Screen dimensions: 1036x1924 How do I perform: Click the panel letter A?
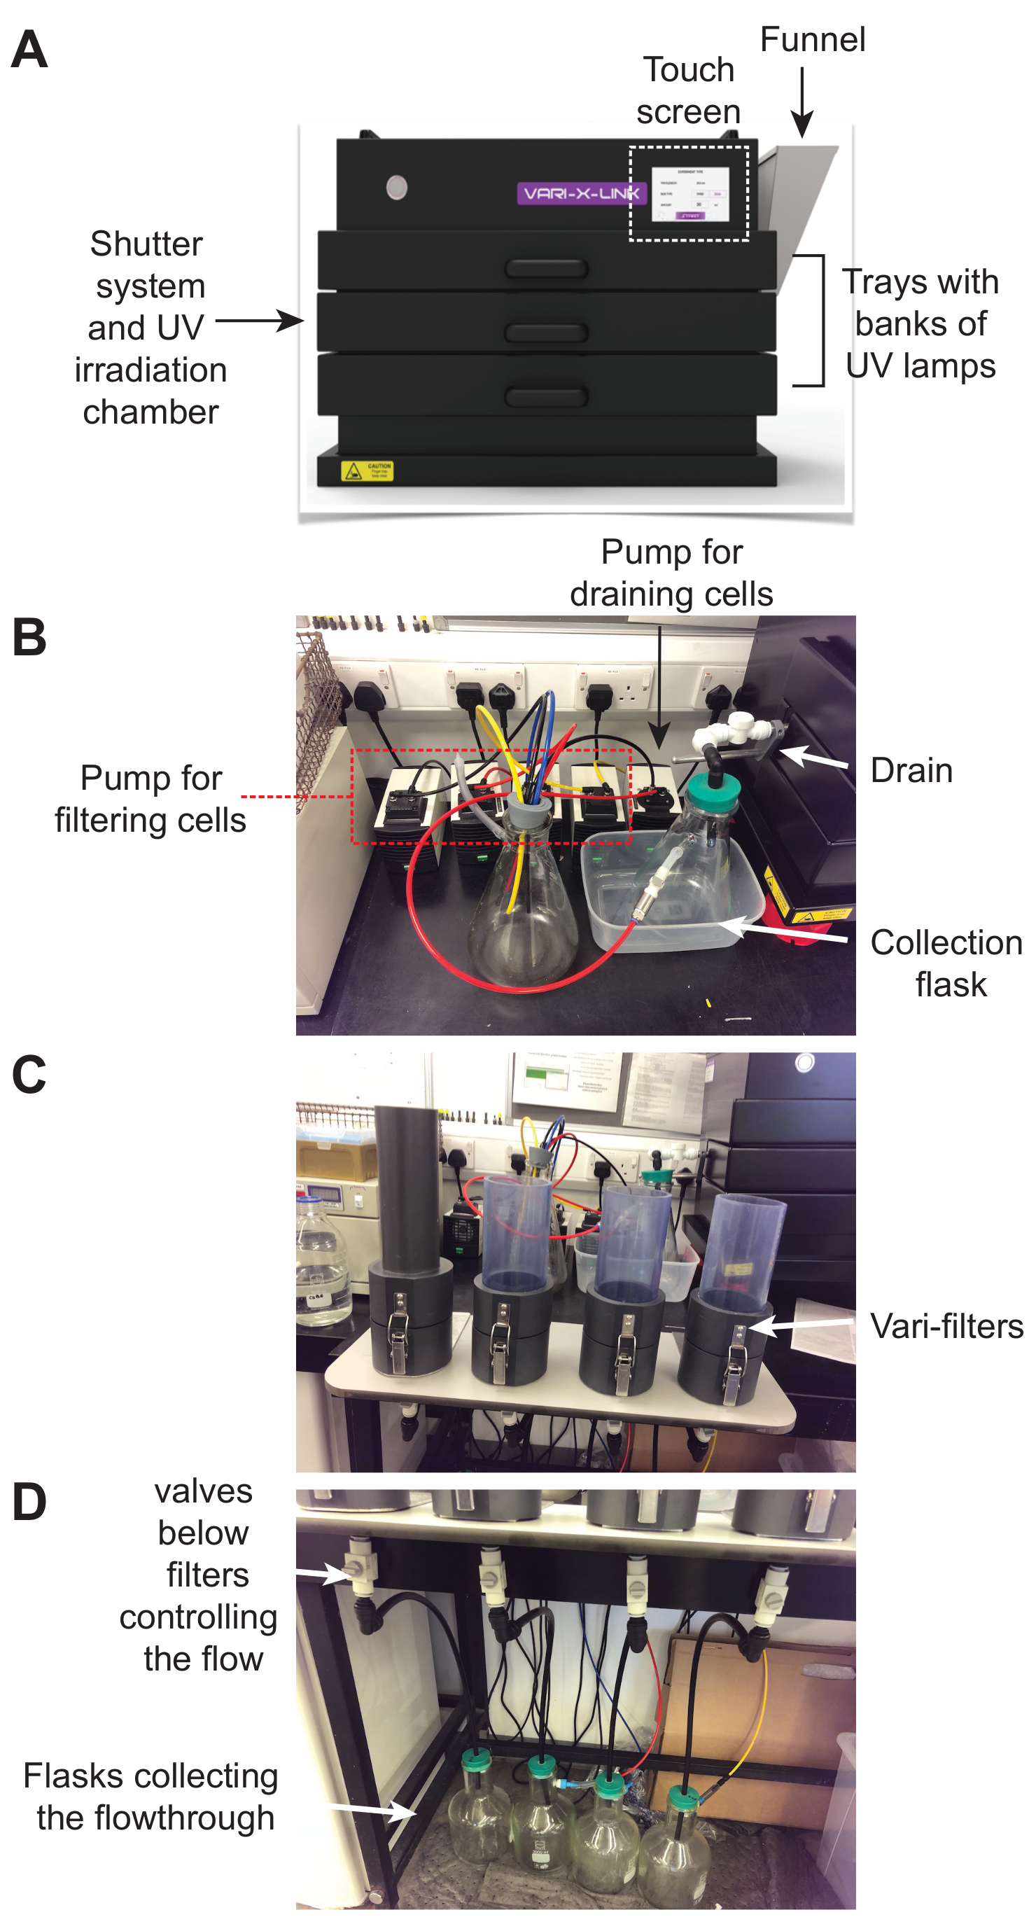30,50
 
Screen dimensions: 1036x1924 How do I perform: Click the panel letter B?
30,638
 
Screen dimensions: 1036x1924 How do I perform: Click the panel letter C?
30,1075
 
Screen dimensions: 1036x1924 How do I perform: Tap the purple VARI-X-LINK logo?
579,193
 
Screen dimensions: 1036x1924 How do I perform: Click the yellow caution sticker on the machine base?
367,470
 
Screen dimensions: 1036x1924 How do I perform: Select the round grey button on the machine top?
397,187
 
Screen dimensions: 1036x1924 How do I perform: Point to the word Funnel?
812,40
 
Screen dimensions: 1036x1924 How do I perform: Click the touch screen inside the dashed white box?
689,193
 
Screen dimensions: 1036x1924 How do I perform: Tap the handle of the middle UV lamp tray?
546,333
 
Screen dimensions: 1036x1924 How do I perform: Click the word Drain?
911,770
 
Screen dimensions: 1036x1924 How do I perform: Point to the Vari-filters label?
946,1327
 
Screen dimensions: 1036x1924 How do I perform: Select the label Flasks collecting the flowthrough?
152,1797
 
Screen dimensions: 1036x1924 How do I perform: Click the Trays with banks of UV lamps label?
920,323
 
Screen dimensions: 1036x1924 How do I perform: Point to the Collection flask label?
946,963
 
